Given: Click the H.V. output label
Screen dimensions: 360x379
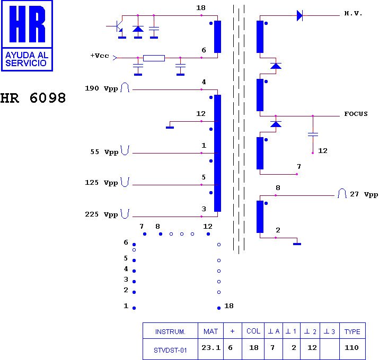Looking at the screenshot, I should point(353,13).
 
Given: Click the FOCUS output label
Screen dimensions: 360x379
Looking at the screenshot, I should point(356,114).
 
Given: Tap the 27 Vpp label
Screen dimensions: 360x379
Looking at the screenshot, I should point(364,194).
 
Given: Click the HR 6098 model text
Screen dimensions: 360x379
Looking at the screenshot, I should point(33,98).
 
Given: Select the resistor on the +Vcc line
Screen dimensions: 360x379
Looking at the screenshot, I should point(154,58).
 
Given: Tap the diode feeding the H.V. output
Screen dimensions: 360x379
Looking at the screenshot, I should point(299,16).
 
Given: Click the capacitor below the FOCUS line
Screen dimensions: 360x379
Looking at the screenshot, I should point(313,134).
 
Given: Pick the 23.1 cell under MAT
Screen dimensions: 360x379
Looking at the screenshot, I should point(210,348).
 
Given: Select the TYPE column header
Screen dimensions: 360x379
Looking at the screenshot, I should point(352,332).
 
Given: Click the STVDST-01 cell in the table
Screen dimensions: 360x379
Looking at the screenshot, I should point(170,349).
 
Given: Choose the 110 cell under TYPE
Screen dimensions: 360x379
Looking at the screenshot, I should point(352,348).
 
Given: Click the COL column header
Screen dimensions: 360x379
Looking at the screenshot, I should point(253,332).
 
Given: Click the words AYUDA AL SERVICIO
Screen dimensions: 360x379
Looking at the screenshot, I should point(27,59).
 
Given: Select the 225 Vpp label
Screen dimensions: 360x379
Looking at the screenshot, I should point(101,214).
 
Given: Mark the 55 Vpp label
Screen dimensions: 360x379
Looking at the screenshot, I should point(104,152).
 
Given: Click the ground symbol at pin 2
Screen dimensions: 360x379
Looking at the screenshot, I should point(297,242).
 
